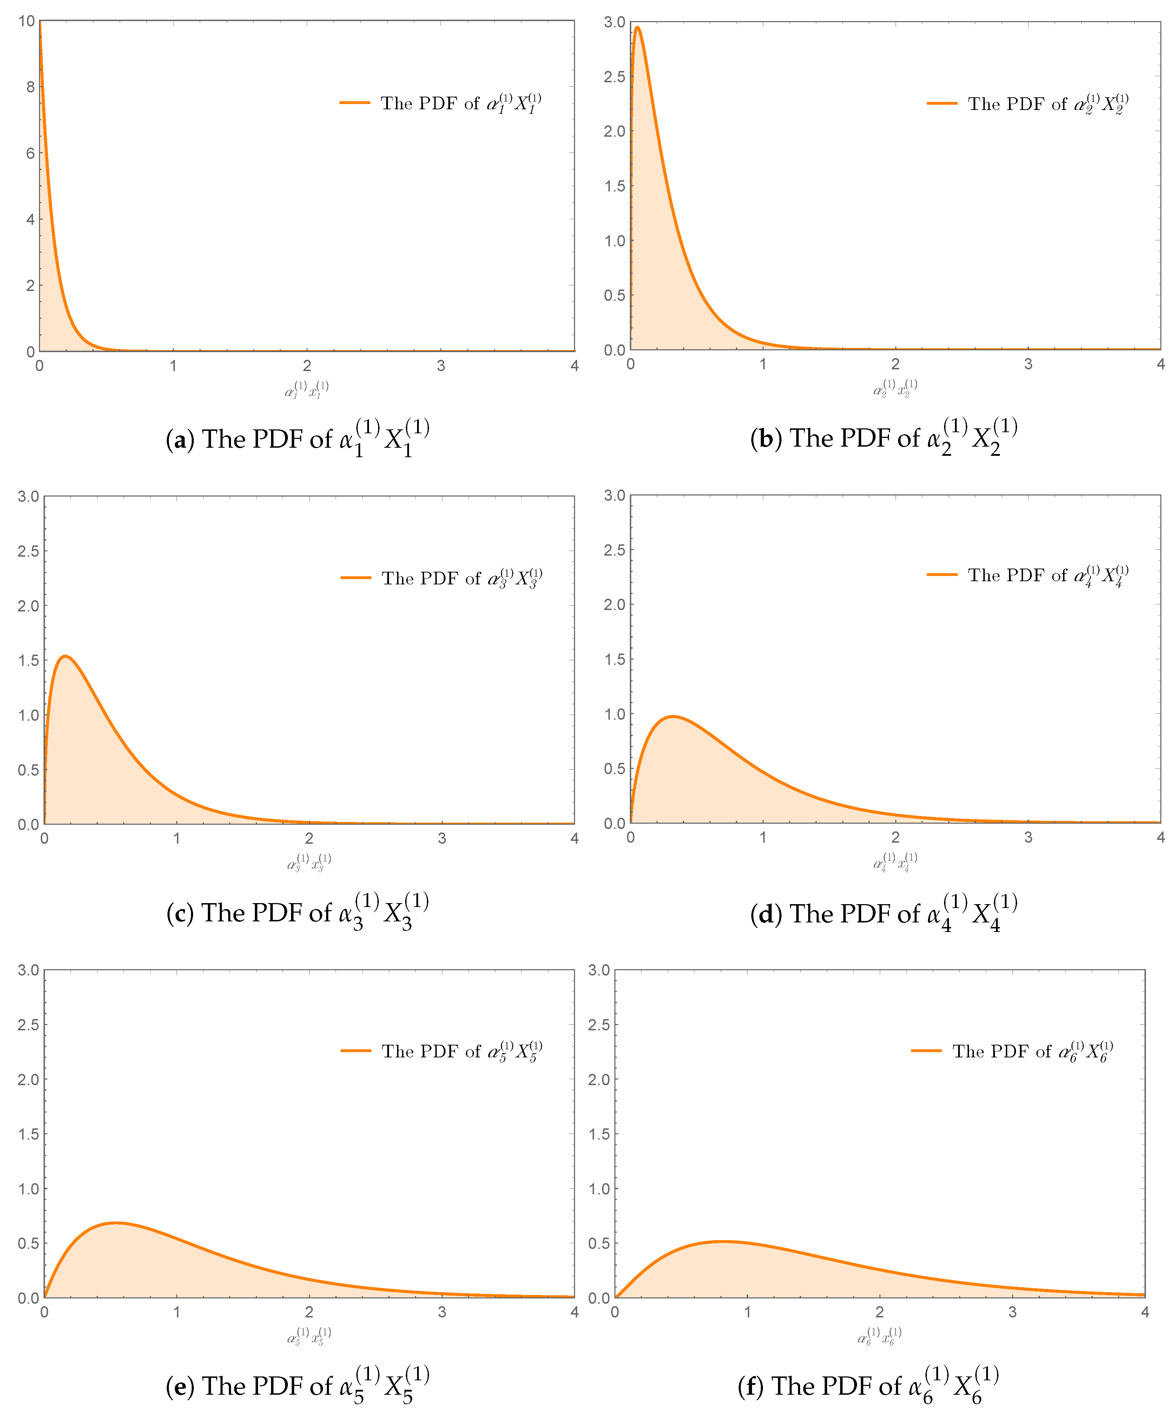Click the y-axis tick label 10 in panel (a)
tap(26, 21)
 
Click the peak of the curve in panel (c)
tap(65, 656)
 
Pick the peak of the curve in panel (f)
tap(723, 1242)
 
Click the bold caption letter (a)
tap(179, 439)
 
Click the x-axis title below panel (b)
tap(895, 389)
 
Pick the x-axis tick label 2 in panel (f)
tap(879, 1312)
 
